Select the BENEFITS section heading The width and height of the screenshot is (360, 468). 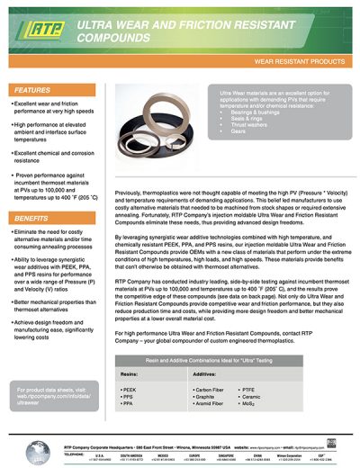[x=32, y=219]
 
